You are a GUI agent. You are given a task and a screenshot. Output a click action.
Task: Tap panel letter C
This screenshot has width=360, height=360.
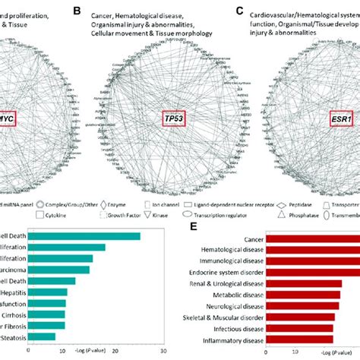242,11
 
